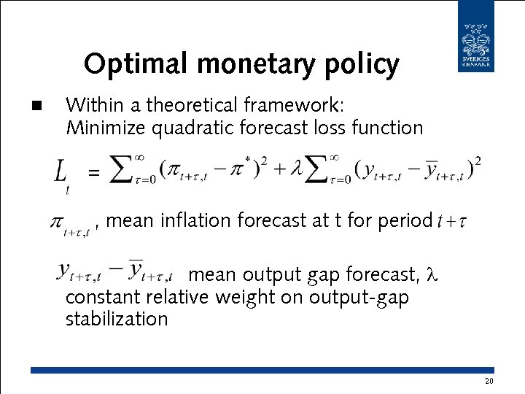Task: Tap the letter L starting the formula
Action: coord(61,174)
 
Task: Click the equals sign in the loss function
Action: coord(93,173)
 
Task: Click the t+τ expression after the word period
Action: coord(451,221)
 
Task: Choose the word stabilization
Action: coord(117,319)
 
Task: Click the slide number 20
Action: coord(489,382)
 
